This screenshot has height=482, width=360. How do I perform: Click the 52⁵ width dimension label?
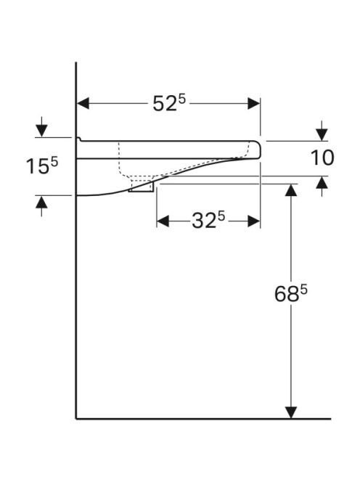coord(169,102)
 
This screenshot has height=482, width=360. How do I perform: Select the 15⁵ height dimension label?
coord(42,166)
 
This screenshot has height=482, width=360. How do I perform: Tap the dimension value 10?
coord(322,158)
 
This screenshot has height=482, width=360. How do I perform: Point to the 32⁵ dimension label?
coord(208,221)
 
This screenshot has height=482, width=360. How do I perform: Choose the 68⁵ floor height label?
coord(290,293)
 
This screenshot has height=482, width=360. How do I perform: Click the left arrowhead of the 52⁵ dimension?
coord(83,104)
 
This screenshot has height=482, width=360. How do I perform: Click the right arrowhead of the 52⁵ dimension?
coord(253,104)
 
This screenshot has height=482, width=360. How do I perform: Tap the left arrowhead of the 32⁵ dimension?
coord(163,221)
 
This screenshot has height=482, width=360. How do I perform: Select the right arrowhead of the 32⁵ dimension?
coord(253,221)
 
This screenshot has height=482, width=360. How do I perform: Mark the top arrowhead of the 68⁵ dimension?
coord(291,190)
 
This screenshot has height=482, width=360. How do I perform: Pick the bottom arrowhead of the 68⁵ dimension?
coord(291,412)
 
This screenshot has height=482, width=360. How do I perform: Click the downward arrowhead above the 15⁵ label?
coord(41,131)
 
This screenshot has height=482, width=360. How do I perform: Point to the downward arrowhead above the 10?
coord(322,135)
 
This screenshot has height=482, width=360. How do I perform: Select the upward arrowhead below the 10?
coord(322,183)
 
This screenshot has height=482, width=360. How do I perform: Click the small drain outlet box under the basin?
coord(141,187)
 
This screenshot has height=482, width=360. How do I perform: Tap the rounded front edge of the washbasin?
coord(258,150)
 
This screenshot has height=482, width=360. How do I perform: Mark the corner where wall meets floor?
coord(76,418)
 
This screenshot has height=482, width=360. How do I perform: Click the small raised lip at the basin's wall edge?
coord(78,139)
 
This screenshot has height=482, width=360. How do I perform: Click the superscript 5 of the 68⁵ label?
coord(303,290)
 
